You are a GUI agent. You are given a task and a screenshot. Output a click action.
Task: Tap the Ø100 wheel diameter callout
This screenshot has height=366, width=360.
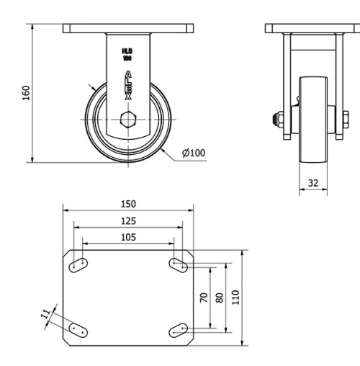click(194, 153)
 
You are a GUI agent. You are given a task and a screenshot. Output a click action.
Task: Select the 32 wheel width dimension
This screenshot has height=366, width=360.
click(312, 183)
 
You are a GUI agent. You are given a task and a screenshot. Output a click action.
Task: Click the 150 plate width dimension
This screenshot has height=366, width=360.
click(128, 204)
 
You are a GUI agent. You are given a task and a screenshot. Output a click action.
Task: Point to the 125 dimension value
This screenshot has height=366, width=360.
click(128, 221)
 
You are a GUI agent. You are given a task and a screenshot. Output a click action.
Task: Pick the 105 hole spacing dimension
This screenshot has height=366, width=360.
click(128, 237)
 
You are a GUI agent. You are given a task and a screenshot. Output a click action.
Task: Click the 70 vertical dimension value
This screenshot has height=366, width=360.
click(204, 297)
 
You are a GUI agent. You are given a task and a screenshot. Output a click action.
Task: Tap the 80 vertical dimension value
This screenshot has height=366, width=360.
click(220, 297)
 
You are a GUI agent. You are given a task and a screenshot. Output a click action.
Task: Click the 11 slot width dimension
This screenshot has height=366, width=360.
click(46, 313)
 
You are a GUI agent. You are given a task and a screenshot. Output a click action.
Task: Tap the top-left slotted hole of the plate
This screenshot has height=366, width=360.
click(78, 265)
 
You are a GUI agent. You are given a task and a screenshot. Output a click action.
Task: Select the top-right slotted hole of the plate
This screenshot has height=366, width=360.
click(178, 265)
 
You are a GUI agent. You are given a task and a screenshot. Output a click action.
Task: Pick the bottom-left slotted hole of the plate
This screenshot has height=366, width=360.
click(78, 329)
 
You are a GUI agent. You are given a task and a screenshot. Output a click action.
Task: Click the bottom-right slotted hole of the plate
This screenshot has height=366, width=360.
click(178, 329)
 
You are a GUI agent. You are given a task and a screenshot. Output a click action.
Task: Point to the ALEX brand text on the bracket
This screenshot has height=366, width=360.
click(128, 84)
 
